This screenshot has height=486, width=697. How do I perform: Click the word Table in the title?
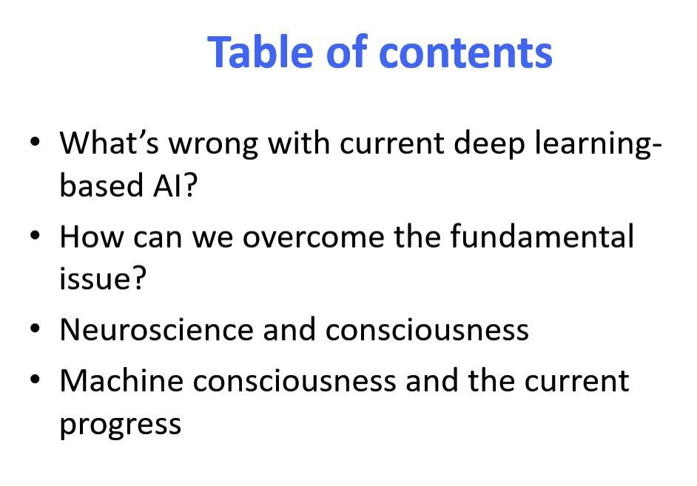pos(260,52)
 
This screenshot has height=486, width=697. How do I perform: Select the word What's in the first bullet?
pos(110,143)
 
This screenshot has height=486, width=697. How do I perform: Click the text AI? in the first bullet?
pos(175,185)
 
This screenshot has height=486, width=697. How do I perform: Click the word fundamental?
pos(542,235)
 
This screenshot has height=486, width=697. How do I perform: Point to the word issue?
pos(103,279)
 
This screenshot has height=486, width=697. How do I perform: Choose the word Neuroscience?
pos(156,330)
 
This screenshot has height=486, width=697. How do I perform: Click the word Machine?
pos(121,380)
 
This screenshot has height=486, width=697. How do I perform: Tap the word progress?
pos(121,425)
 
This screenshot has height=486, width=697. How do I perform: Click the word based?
pos(101,185)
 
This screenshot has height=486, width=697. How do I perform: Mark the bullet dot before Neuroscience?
pos(35,328)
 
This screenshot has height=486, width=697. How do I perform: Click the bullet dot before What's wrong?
pos(35,142)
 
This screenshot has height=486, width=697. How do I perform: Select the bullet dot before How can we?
pos(35,235)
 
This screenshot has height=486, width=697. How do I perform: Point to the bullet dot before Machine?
pos(35,379)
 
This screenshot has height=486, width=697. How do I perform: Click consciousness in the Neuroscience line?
pos(427,331)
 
